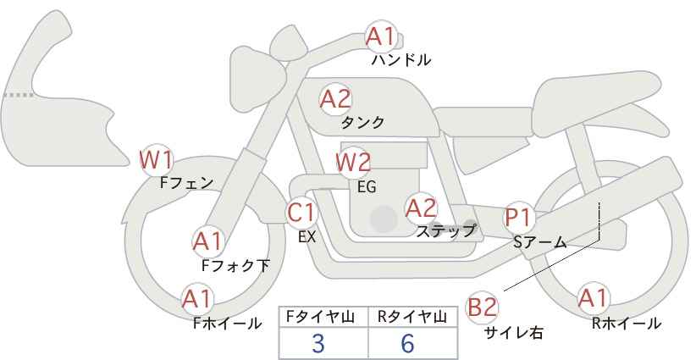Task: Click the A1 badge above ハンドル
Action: (380, 36)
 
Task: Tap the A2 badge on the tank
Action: (334, 98)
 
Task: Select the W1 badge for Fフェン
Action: (157, 158)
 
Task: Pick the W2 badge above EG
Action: (353, 161)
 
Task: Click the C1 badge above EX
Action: (301, 212)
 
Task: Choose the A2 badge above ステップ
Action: (421, 207)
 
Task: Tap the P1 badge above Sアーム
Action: (517, 217)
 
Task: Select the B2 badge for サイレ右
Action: (483, 307)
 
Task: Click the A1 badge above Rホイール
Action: (593, 298)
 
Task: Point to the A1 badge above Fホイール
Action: (197, 298)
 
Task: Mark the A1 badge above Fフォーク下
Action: (207, 241)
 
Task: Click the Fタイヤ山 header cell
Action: (323, 317)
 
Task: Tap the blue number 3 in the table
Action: (318, 343)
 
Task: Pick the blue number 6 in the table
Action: (407, 343)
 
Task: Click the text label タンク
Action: (362, 123)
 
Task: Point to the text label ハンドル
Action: (401, 60)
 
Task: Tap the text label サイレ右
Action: (513, 333)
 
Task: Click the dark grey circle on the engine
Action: (384, 219)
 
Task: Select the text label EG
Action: (367, 186)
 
